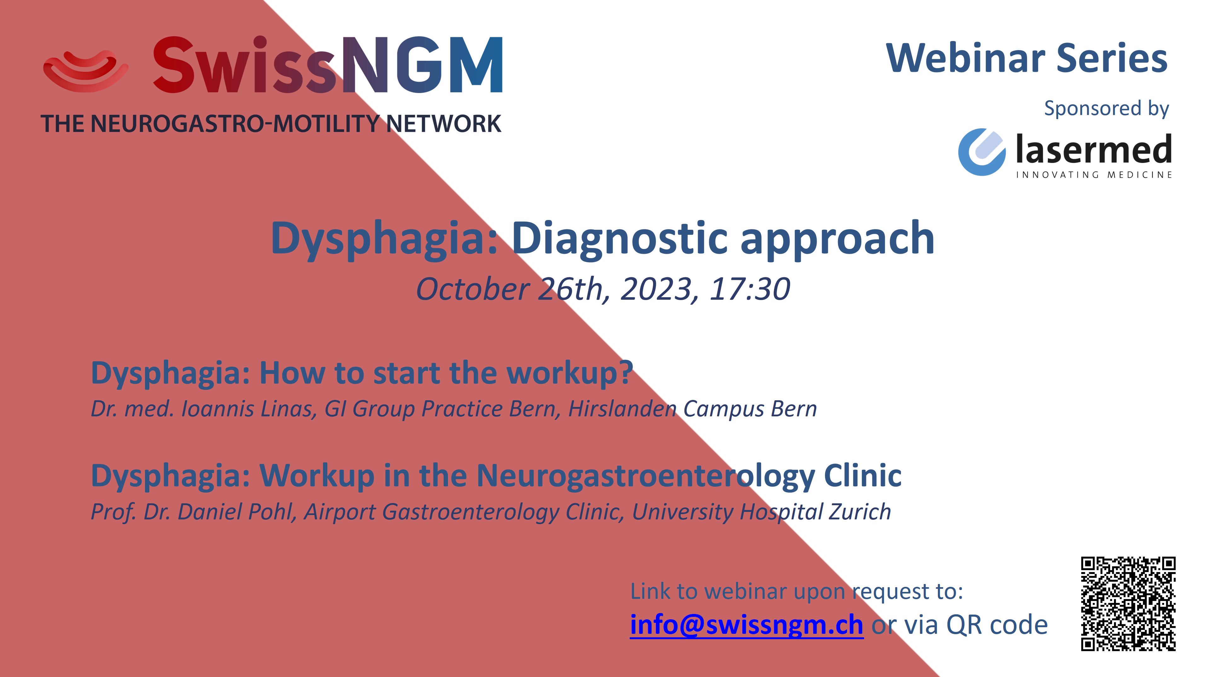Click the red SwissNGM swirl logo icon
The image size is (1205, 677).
click(86, 71)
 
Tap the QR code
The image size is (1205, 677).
click(1128, 604)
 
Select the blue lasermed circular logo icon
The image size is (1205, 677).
click(981, 152)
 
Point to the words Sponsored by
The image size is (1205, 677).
click(1106, 108)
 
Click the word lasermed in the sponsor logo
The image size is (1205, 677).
click(1094, 149)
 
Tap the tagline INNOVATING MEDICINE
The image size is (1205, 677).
click(1094, 175)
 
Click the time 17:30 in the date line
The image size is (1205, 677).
click(749, 289)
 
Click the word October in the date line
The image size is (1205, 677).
click(473, 289)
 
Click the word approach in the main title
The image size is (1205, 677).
click(837, 240)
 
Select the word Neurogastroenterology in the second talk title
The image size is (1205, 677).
click(645, 476)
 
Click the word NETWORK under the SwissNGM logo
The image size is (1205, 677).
click(444, 124)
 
